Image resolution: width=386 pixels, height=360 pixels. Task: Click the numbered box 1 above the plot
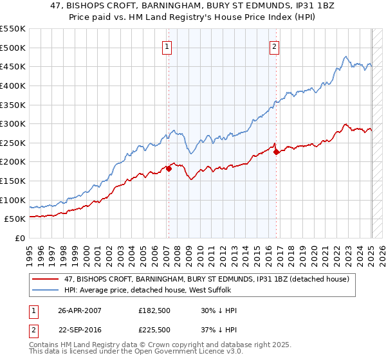click(x=167, y=46)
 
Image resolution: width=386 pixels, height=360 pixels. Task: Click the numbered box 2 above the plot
click(x=275, y=46)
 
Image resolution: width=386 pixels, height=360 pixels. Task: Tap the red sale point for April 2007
click(x=169, y=168)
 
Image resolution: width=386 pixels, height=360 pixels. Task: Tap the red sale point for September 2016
click(x=276, y=152)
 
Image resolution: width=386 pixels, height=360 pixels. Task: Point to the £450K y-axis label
click(x=13, y=66)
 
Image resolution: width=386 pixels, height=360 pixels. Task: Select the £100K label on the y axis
click(x=13, y=200)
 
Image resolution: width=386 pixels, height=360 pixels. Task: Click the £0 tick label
click(x=20, y=238)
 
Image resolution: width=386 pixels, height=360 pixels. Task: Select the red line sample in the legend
click(x=47, y=279)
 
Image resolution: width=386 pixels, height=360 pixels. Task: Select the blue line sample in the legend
click(x=47, y=291)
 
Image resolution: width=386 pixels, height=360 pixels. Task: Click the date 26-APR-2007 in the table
click(x=80, y=310)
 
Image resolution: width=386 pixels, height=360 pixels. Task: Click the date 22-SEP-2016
click(x=80, y=330)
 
